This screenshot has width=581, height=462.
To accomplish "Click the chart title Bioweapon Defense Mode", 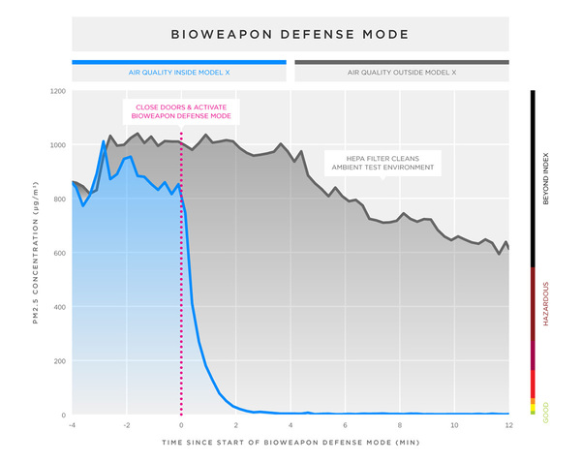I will tap(290, 34).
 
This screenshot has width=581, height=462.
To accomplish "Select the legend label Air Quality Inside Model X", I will tap(179, 73).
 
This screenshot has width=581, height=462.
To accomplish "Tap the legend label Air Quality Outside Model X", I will tap(402, 73).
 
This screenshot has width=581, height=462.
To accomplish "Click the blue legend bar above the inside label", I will tap(179, 62).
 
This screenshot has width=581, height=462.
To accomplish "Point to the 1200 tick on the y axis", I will tap(57, 91).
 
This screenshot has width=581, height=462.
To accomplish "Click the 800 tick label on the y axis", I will tap(59, 200).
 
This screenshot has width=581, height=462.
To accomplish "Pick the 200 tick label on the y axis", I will tap(59, 361).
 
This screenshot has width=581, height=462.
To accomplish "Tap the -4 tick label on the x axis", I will tap(72, 425).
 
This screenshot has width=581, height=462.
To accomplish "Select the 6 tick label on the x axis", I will tap(345, 425).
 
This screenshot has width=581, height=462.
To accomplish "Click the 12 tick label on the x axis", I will tap(507, 425).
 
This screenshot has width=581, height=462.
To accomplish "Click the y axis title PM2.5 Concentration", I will tap(35, 254).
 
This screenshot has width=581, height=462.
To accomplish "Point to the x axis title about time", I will tap(290, 442).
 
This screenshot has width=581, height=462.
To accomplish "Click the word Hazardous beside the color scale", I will tap(546, 304).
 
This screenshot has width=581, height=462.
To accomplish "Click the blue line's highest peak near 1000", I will tap(104, 142).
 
